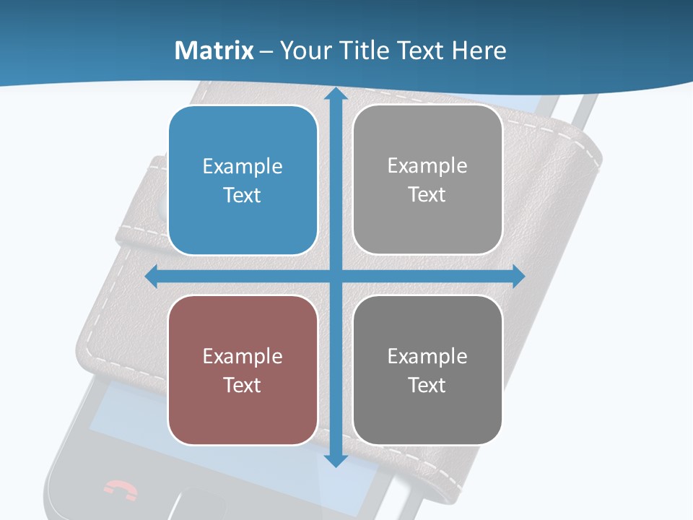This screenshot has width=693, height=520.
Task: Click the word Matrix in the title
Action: click(x=214, y=51)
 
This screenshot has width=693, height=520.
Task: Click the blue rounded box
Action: click(x=243, y=180)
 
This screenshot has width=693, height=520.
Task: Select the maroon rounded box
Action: click(x=243, y=370)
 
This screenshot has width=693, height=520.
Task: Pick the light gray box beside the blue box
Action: click(x=427, y=179)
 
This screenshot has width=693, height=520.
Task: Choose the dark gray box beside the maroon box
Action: click(x=427, y=370)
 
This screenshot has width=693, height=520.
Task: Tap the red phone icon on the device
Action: click(x=120, y=489)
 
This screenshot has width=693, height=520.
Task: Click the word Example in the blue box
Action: click(x=243, y=167)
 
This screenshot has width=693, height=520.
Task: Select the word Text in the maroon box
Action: click(x=243, y=385)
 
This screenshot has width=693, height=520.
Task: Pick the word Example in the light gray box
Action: click(x=427, y=166)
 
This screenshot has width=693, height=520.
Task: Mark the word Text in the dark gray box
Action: click(x=427, y=385)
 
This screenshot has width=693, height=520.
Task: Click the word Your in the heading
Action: click(x=303, y=51)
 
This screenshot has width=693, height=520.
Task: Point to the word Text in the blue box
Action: click(x=243, y=195)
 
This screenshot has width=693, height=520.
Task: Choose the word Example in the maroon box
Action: click(x=243, y=356)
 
